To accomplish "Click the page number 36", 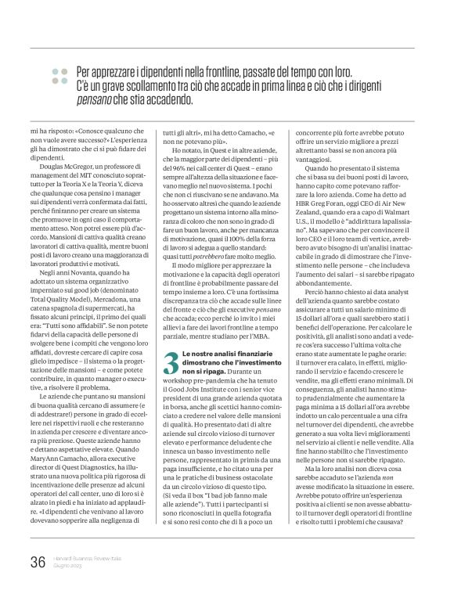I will click(x=38, y=560).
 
